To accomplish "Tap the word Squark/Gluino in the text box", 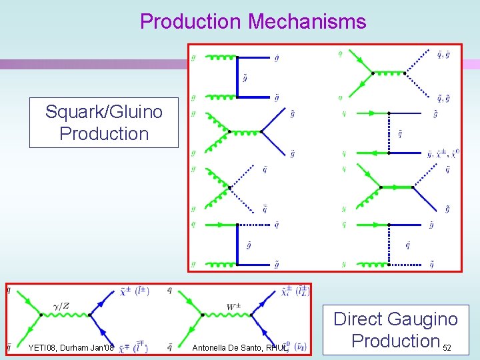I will click(x=103, y=111).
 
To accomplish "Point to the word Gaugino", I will click(x=424, y=319).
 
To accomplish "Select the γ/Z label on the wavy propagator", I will click(x=61, y=305).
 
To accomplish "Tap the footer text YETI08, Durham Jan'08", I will click(x=71, y=347).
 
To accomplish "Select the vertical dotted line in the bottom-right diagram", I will click(x=388, y=245).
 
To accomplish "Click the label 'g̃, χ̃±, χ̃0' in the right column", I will click(x=445, y=154).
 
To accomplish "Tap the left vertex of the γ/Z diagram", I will click(x=41, y=315).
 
